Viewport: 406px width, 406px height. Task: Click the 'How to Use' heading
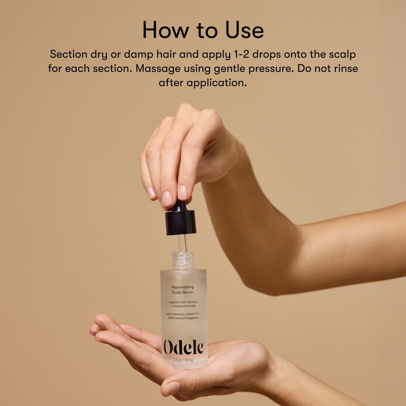coord(203,30)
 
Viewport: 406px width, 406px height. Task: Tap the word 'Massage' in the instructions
coord(158,69)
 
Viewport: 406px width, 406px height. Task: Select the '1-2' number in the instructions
coord(241,54)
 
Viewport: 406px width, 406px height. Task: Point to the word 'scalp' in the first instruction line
coord(342,54)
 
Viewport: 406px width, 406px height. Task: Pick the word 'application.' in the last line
coord(216,83)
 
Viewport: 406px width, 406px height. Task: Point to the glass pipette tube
coord(182,243)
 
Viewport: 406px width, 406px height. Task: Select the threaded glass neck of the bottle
coord(183,260)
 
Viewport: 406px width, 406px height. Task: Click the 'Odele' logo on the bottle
coord(183,348)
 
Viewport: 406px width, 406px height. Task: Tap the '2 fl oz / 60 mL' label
coord(183,360)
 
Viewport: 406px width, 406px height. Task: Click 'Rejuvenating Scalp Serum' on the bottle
coord(183,290)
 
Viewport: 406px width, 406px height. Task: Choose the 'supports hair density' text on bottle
coord(183,302)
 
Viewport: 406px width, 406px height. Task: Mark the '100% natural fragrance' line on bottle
coord(183,318)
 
